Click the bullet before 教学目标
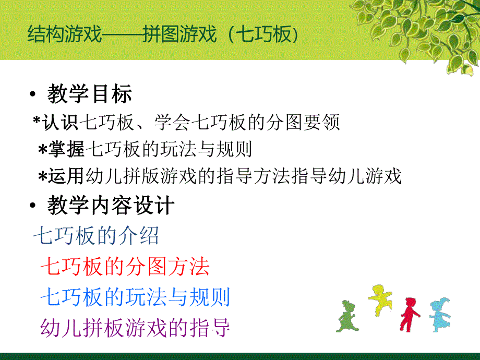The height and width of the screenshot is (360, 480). (33, 95)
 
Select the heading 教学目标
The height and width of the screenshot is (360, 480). (89, 95)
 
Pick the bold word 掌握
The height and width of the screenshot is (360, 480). (67, 150)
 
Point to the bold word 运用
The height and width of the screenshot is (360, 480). (67, 177)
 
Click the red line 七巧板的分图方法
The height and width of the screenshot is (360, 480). (125, 267)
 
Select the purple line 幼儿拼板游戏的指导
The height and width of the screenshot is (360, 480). (135, 328)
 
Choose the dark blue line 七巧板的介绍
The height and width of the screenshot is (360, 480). (96, 236)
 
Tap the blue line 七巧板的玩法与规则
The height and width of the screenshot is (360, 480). (135, 297)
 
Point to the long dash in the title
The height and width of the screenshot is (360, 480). (122, 35)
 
